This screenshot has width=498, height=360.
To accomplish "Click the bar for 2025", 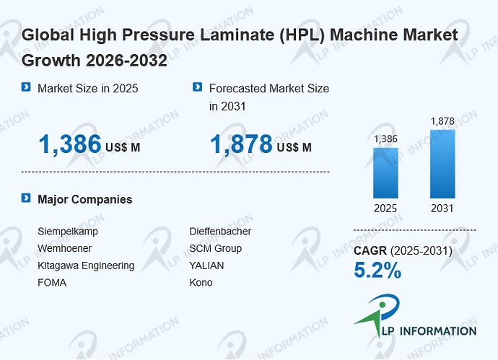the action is [x=385, y=173].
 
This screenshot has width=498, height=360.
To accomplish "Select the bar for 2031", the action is [x=442, y=164].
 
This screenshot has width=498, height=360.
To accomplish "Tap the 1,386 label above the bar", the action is [x=385, y=139].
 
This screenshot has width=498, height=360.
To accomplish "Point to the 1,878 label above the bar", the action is [x=442, y=121].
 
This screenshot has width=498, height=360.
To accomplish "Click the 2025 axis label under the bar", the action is [x=385, y=208].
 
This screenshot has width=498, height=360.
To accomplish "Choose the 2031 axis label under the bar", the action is [x=442, y=208].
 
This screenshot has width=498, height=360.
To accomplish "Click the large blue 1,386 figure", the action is [x=70, y=144].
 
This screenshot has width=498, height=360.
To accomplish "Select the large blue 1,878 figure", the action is [x=241, y=144].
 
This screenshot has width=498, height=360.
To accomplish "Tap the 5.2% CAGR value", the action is [x=377, y=270].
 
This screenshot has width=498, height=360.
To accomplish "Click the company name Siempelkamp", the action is [x=68, y=232].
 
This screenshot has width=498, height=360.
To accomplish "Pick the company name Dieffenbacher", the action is [x=220, y=231].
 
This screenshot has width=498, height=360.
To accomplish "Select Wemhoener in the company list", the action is [x=64, y=248].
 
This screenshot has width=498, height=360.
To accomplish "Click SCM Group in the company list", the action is [x=216, y=249].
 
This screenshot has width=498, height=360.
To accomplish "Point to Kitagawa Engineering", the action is [x=86, y=265].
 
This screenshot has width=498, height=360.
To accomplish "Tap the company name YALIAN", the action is [x=206, y=265].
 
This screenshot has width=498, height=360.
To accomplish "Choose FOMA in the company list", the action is [x=52, y=283].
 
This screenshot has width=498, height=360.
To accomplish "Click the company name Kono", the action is [x=201, y=283].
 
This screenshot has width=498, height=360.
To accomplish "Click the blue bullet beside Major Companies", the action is [x=26, y=198].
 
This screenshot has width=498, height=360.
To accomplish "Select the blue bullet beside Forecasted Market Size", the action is [x=197, y=87].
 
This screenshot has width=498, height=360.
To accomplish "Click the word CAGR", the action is [x=370, y=251].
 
